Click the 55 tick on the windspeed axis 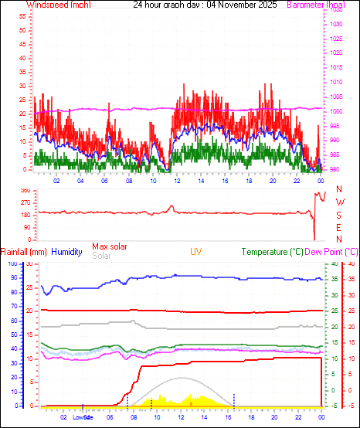click(x=23, y=15)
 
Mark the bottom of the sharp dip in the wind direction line click(x=314, y=239)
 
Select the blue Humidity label click(x=66, y=252)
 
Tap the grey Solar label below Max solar click(x=101, y=256)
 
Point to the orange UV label click(x=196, y=252)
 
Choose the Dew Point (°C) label click(x=332, y=252)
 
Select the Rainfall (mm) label click(x=24, y=252)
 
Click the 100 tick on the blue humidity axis click(x=13, y=263)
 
